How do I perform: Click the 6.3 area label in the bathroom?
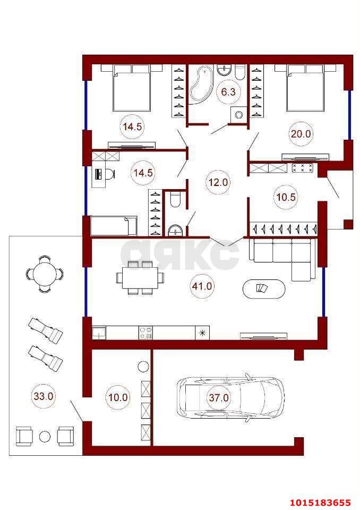[x=228, y=92]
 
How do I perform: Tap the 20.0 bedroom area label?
[x=301, y=133]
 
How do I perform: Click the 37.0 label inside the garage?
[x=219, y=397]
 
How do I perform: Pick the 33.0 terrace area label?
[x=44, y=396]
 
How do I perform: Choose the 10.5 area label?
[x=286, y=197]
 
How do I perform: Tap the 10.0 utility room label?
[x=118, y=397]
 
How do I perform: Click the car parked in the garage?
[x=230, y=398]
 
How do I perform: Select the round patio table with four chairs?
[x=45, y=274]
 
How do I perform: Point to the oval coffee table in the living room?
[x=264, y=288]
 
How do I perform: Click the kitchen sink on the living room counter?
[x=99, y=333]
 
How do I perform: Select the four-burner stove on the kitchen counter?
[x=145, y=333]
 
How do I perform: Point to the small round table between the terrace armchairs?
[x=45, y=436]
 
